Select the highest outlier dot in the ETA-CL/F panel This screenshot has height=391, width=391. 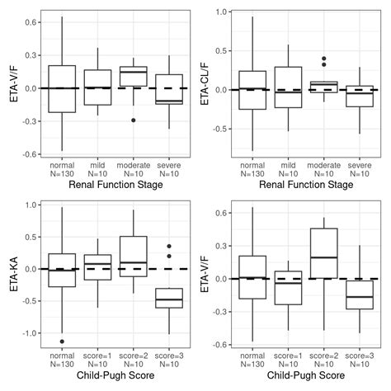(323, 59)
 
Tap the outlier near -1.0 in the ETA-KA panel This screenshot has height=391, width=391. (63, 341)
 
